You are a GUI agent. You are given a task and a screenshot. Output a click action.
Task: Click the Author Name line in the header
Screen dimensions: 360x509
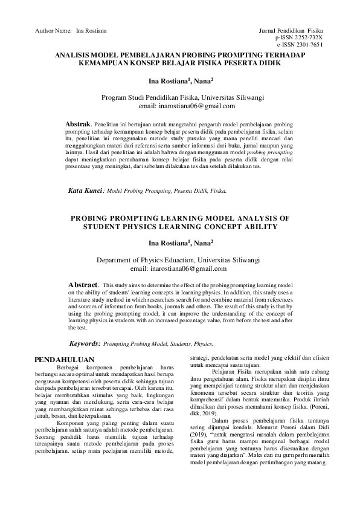click(71, 29)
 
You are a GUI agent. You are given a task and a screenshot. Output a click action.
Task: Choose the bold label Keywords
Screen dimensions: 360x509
click(83, 343)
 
